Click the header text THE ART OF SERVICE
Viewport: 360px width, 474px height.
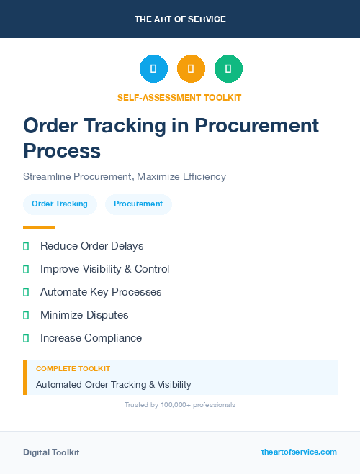[180, 19]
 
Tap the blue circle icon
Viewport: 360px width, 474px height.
[153, 69]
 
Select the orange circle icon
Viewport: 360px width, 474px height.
[191, 69]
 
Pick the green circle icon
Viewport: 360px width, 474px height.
[228, 69]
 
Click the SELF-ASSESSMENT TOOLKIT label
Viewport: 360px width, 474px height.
[180, 97]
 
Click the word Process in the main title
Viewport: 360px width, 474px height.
[62, 151]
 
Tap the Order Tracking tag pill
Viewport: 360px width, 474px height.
[60, 204]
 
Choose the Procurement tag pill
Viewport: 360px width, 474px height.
[138, 204]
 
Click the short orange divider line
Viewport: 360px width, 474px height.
[39, 227]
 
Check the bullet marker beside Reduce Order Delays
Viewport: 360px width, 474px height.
[26, 246]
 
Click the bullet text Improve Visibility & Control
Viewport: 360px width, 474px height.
[104, 269]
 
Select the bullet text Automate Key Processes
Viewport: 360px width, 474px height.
[101, 292]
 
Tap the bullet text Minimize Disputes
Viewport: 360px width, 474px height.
[84, 315]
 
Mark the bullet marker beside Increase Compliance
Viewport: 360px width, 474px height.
[26, 338]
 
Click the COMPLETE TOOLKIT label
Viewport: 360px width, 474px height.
[73, 368]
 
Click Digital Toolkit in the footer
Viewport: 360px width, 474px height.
[51, 452]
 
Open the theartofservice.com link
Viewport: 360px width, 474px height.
[299, 452]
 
